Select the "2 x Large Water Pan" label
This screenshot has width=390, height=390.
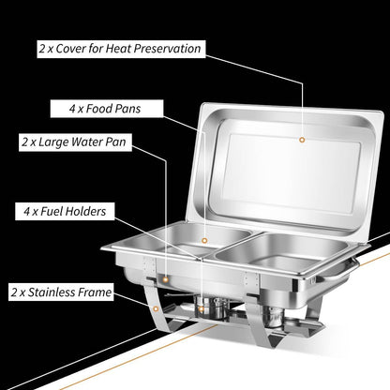75,142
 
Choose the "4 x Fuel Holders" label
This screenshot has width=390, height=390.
65,211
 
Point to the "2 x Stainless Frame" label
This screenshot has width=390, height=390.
61,292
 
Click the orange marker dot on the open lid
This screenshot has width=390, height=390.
302,140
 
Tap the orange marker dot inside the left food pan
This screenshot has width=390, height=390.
204,240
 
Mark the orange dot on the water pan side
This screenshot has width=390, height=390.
166,279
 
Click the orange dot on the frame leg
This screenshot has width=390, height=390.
156,308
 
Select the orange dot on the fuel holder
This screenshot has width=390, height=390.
202,309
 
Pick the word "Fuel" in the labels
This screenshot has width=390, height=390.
52,211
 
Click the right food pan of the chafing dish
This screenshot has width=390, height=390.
281,251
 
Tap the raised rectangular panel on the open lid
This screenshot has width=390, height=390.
292,171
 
